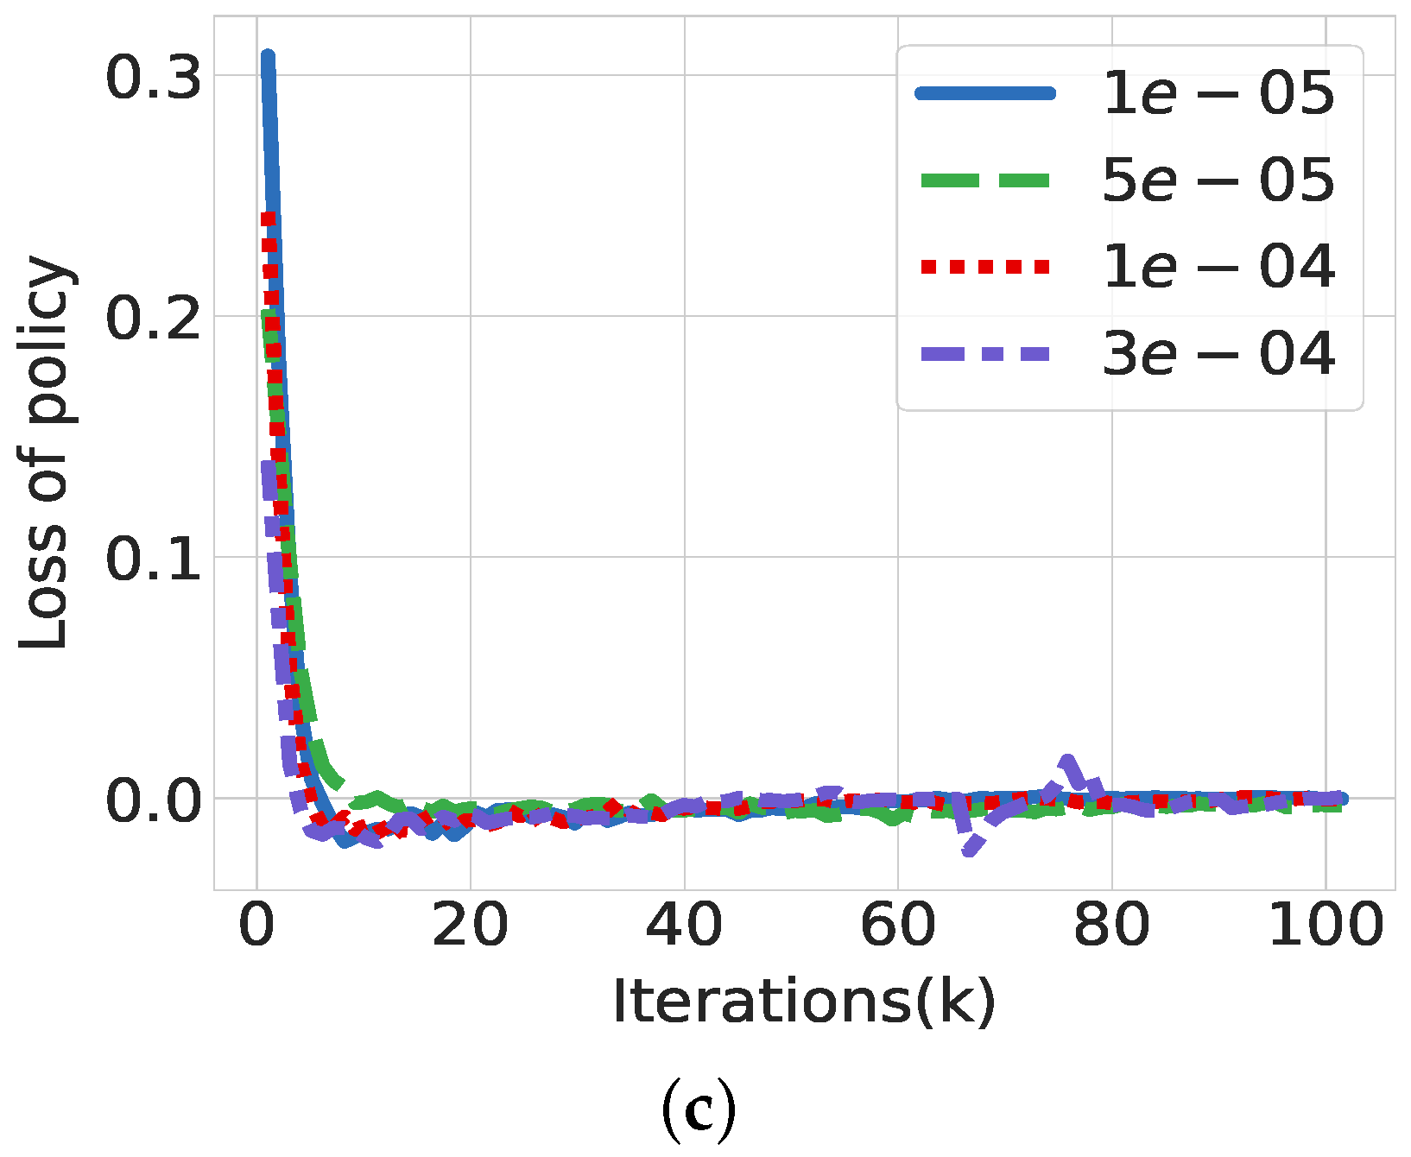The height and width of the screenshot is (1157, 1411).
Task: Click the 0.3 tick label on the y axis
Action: pyautogui.click(x=153, y=78)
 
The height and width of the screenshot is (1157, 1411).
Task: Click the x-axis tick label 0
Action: pyautogui.click(x=256, y=926)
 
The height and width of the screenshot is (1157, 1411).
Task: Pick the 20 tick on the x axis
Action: pyautogui.click(x=470, y=926)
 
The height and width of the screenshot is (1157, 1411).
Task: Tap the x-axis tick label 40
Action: pyautogui.click(x=684, y=926)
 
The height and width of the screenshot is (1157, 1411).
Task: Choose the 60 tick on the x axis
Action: pyautogui.click(x=898, y=926)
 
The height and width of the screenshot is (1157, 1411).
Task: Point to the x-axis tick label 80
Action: pyautogui.click(x=1111, y=926)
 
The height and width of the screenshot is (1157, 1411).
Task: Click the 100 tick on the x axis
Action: pyautogui.click(x=1326, y=926)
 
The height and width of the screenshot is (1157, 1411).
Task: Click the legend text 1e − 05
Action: pyautogui.click(x=1218, y=93)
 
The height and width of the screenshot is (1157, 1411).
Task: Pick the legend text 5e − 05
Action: pyautogui.click(x=1218, y=180)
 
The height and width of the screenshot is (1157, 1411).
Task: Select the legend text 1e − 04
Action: pyautogui.click(x=1218, y=267)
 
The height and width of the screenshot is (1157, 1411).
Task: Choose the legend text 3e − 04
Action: pyautogui.click(x=1218, y=354)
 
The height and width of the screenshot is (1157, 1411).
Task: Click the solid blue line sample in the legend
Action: pyautogui.click(x=985, y=93)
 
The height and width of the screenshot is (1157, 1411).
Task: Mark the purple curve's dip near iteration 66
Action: pyautogui.click(x=969, y=851)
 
